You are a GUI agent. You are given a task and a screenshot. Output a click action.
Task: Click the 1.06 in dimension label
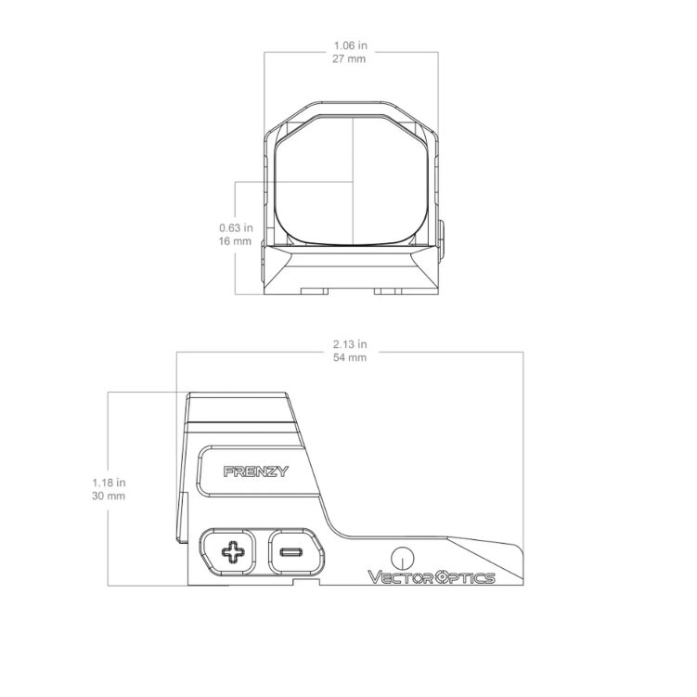tap(350, 43)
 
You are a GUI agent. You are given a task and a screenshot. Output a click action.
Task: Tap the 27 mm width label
tap(350, 58)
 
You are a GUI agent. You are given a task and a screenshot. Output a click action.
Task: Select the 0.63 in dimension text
tap(235, 227)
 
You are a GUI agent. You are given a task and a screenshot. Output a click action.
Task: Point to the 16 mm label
tap(235, 241)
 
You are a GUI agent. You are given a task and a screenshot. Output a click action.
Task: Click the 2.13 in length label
tap(349, 343)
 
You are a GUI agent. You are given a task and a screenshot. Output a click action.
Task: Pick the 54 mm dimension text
tap(349, 357)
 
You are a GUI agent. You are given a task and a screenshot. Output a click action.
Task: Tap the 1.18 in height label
tap(110, 483)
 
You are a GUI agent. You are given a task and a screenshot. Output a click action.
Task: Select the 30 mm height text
tap(110, 497)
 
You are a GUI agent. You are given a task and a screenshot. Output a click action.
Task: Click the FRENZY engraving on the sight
tap(256, 471)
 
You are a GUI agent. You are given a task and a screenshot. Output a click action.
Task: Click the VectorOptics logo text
tap(432, 577)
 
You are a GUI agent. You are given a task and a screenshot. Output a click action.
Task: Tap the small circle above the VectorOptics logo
tap(402, 557)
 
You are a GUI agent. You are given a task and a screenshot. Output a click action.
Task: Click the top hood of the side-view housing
tap(239, 407)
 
